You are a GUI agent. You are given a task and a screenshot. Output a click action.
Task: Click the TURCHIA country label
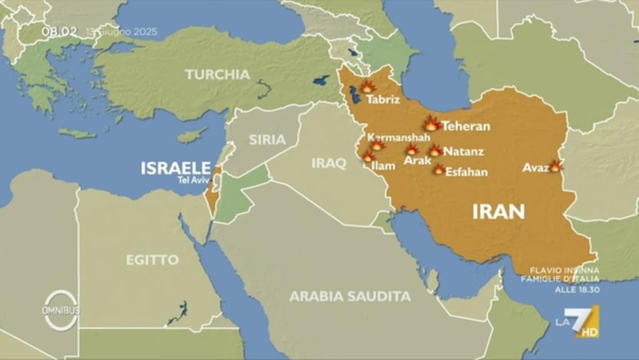tap(217, 74)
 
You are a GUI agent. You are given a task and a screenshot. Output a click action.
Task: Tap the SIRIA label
tap(267, 140)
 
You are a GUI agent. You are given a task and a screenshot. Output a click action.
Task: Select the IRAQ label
tap(329, 163)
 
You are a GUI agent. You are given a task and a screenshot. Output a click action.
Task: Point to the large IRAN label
tap(498, 212)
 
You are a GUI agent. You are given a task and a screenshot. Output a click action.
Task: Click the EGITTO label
tap(152, 260)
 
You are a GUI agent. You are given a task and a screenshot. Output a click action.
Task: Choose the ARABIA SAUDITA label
tap(349, 296)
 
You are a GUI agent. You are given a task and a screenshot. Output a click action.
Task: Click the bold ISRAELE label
tap(175, 168)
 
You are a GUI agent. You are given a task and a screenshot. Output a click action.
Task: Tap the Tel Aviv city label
tap(193, 180)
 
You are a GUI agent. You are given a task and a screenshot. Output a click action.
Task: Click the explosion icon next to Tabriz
tap(368, 87)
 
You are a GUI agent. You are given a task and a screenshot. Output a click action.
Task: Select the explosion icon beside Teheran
tap(431, 124)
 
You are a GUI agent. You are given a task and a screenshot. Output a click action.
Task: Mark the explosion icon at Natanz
tap(435, 150)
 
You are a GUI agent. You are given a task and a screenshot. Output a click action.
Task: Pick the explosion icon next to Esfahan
tap(439, 169)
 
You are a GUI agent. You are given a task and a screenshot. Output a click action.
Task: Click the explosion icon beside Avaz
tap(555, 166)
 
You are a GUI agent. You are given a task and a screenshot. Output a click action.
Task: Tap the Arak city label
tap(417, 160)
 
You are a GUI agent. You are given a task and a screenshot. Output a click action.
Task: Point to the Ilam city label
tap(383, 166)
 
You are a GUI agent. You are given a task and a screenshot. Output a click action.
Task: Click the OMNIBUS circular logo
tap(61, 310)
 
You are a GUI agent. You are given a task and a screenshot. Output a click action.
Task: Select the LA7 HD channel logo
tap(578, 321)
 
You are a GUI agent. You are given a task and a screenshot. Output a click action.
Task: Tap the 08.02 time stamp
tap(60, 31)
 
